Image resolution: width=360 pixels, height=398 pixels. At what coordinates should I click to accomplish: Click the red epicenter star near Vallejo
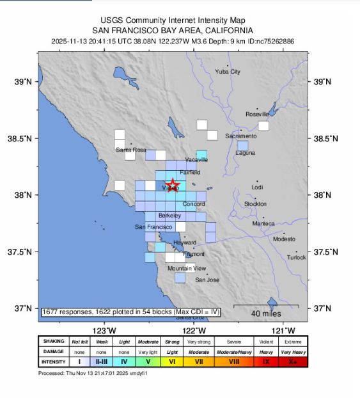pos(173,186)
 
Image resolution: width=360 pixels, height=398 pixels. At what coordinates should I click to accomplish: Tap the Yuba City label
pos(228,72)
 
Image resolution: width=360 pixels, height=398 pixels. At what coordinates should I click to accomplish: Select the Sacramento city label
pos(241,136)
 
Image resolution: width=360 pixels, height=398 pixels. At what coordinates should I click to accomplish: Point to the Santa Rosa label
pos(130,150)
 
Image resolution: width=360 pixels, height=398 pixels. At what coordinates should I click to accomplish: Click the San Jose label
pos(207,280)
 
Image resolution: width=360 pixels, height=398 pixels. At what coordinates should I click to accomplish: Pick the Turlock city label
pos(296,257)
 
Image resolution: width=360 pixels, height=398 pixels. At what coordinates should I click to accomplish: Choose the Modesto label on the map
pos(284,239)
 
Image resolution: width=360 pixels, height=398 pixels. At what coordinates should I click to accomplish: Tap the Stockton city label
pos(255,203)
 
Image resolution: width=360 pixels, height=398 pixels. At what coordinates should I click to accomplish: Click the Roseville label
pos(258,114)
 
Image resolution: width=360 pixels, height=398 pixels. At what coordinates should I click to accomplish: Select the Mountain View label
pos(187,268)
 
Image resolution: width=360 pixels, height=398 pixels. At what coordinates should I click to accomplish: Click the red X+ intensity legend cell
pos(293,362)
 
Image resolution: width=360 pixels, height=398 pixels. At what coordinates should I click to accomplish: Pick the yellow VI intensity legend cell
pos(172,362)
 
